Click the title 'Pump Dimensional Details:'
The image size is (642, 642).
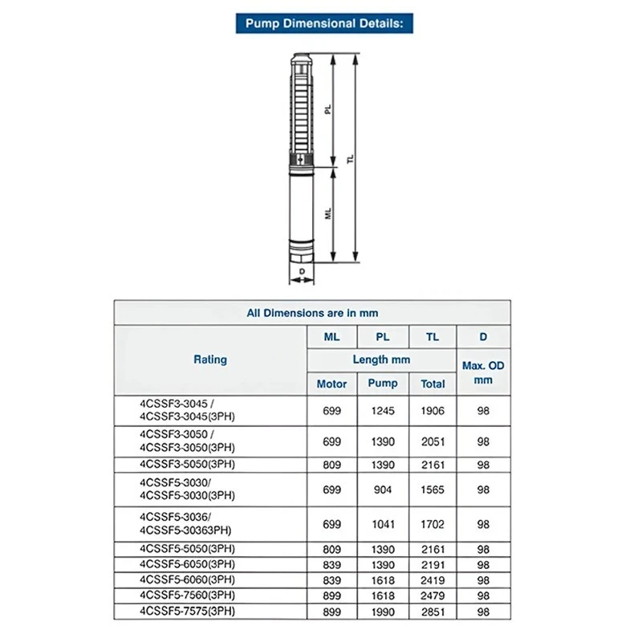click(x=323, y=23)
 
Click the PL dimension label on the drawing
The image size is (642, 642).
click(x=327, y=110)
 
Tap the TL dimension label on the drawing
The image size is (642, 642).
click(x=350, y=160)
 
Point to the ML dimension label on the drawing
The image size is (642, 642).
click(x=327, y=214)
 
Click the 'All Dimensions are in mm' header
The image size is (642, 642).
click(x=312, y=313)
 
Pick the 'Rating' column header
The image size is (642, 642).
click(x=210, y=360)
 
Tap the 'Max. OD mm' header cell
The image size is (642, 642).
click(x=483, y=372)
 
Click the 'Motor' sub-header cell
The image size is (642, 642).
click(x=331, y=384)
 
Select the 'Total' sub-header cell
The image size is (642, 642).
click(x=433, y=384)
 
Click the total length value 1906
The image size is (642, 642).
click(x=433, y=410)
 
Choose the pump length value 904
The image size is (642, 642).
click(x=383, y=489)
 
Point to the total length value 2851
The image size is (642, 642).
click(x=433, y=612)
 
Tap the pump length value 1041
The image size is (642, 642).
click(x=383, y=524)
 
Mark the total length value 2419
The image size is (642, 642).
click(x=433, y=579)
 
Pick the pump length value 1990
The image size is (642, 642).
click(x=383, y=612)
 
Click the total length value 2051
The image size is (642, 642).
click(x=433, y=441)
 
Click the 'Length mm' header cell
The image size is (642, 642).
click(x=382, y=360)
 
